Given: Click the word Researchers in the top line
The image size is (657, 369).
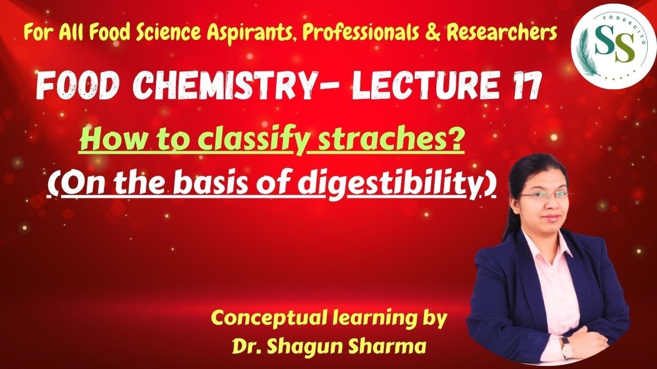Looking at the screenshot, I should pyautogui.click(x=501, y=33).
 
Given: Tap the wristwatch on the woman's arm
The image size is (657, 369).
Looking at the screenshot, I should pyautogui.click(x=567, y=347).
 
